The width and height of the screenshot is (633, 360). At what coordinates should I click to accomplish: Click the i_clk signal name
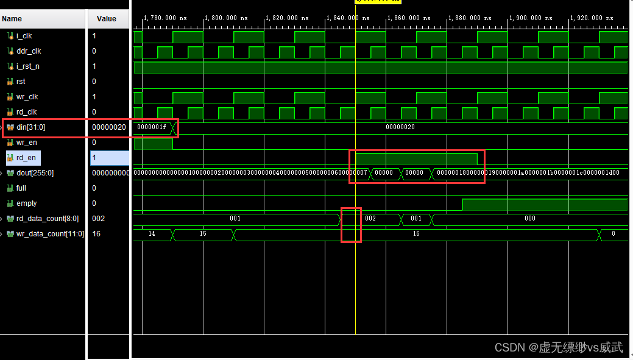click(x=24, y=36)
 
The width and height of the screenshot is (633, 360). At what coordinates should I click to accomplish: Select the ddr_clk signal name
click(x=28, y=51)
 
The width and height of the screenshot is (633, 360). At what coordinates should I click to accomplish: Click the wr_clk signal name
click(x=27, y=97)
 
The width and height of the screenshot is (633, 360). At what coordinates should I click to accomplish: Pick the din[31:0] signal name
click(x=30, y=127)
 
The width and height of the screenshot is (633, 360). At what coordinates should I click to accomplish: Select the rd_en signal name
click(x=26, y=158)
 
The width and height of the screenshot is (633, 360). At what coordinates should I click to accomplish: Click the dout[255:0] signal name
click(x=35, y=173)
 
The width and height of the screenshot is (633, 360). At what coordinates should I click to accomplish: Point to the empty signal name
click(x=26, y=203)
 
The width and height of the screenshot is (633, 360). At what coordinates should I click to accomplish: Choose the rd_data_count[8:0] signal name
click(x=45, y=219)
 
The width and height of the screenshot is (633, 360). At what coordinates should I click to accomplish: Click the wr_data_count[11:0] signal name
click(x=47, y=234)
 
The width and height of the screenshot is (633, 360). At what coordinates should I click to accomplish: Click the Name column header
click(x=12, y=19)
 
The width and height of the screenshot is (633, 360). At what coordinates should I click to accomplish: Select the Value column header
click(x=107, y=19)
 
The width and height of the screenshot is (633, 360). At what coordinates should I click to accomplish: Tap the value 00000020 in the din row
click(x=109, y=127)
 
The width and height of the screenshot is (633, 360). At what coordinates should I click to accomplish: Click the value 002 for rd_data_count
click(x=98, y=219)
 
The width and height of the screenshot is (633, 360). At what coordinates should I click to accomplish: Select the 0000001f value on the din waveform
click(x=151, y=127)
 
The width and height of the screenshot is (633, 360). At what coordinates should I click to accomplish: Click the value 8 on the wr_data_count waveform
click(x=612, y=234)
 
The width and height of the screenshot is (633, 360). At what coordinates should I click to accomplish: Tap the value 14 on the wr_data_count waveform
click(x=152, y=234)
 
